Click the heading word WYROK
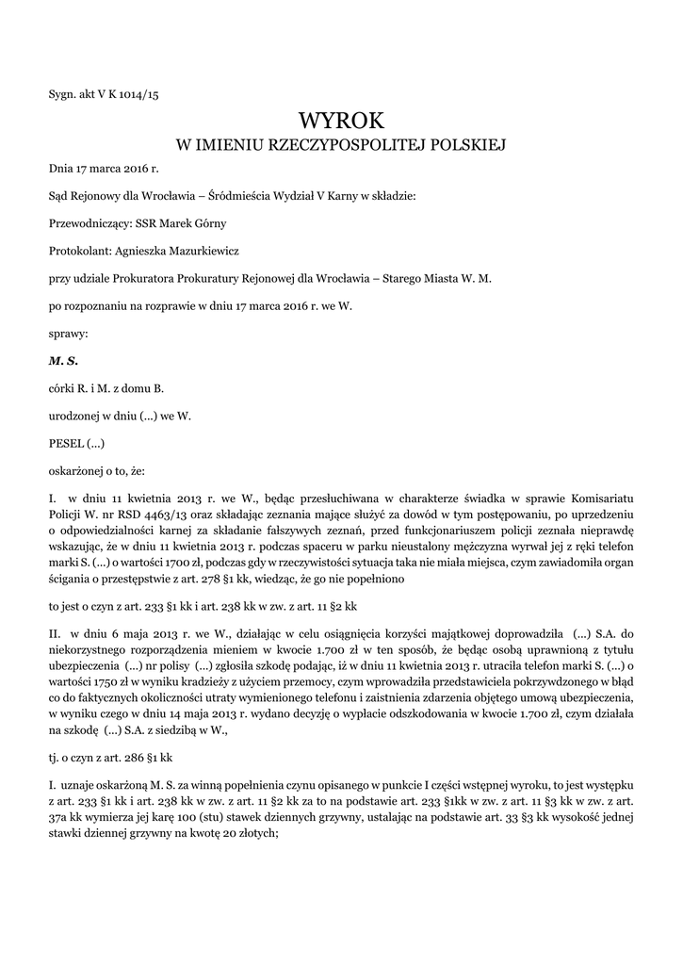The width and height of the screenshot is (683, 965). [x=341, y=120]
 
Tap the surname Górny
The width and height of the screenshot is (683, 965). [x=208, y=223]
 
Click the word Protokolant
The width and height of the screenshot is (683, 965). [x=80, y=252]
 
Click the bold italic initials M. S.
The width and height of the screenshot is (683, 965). [x=63, y=361]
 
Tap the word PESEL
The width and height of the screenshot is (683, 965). [x=66, y=443]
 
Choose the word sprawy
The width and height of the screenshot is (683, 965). [x=68, y=334]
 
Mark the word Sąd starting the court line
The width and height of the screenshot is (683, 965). [x=59, y=196]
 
